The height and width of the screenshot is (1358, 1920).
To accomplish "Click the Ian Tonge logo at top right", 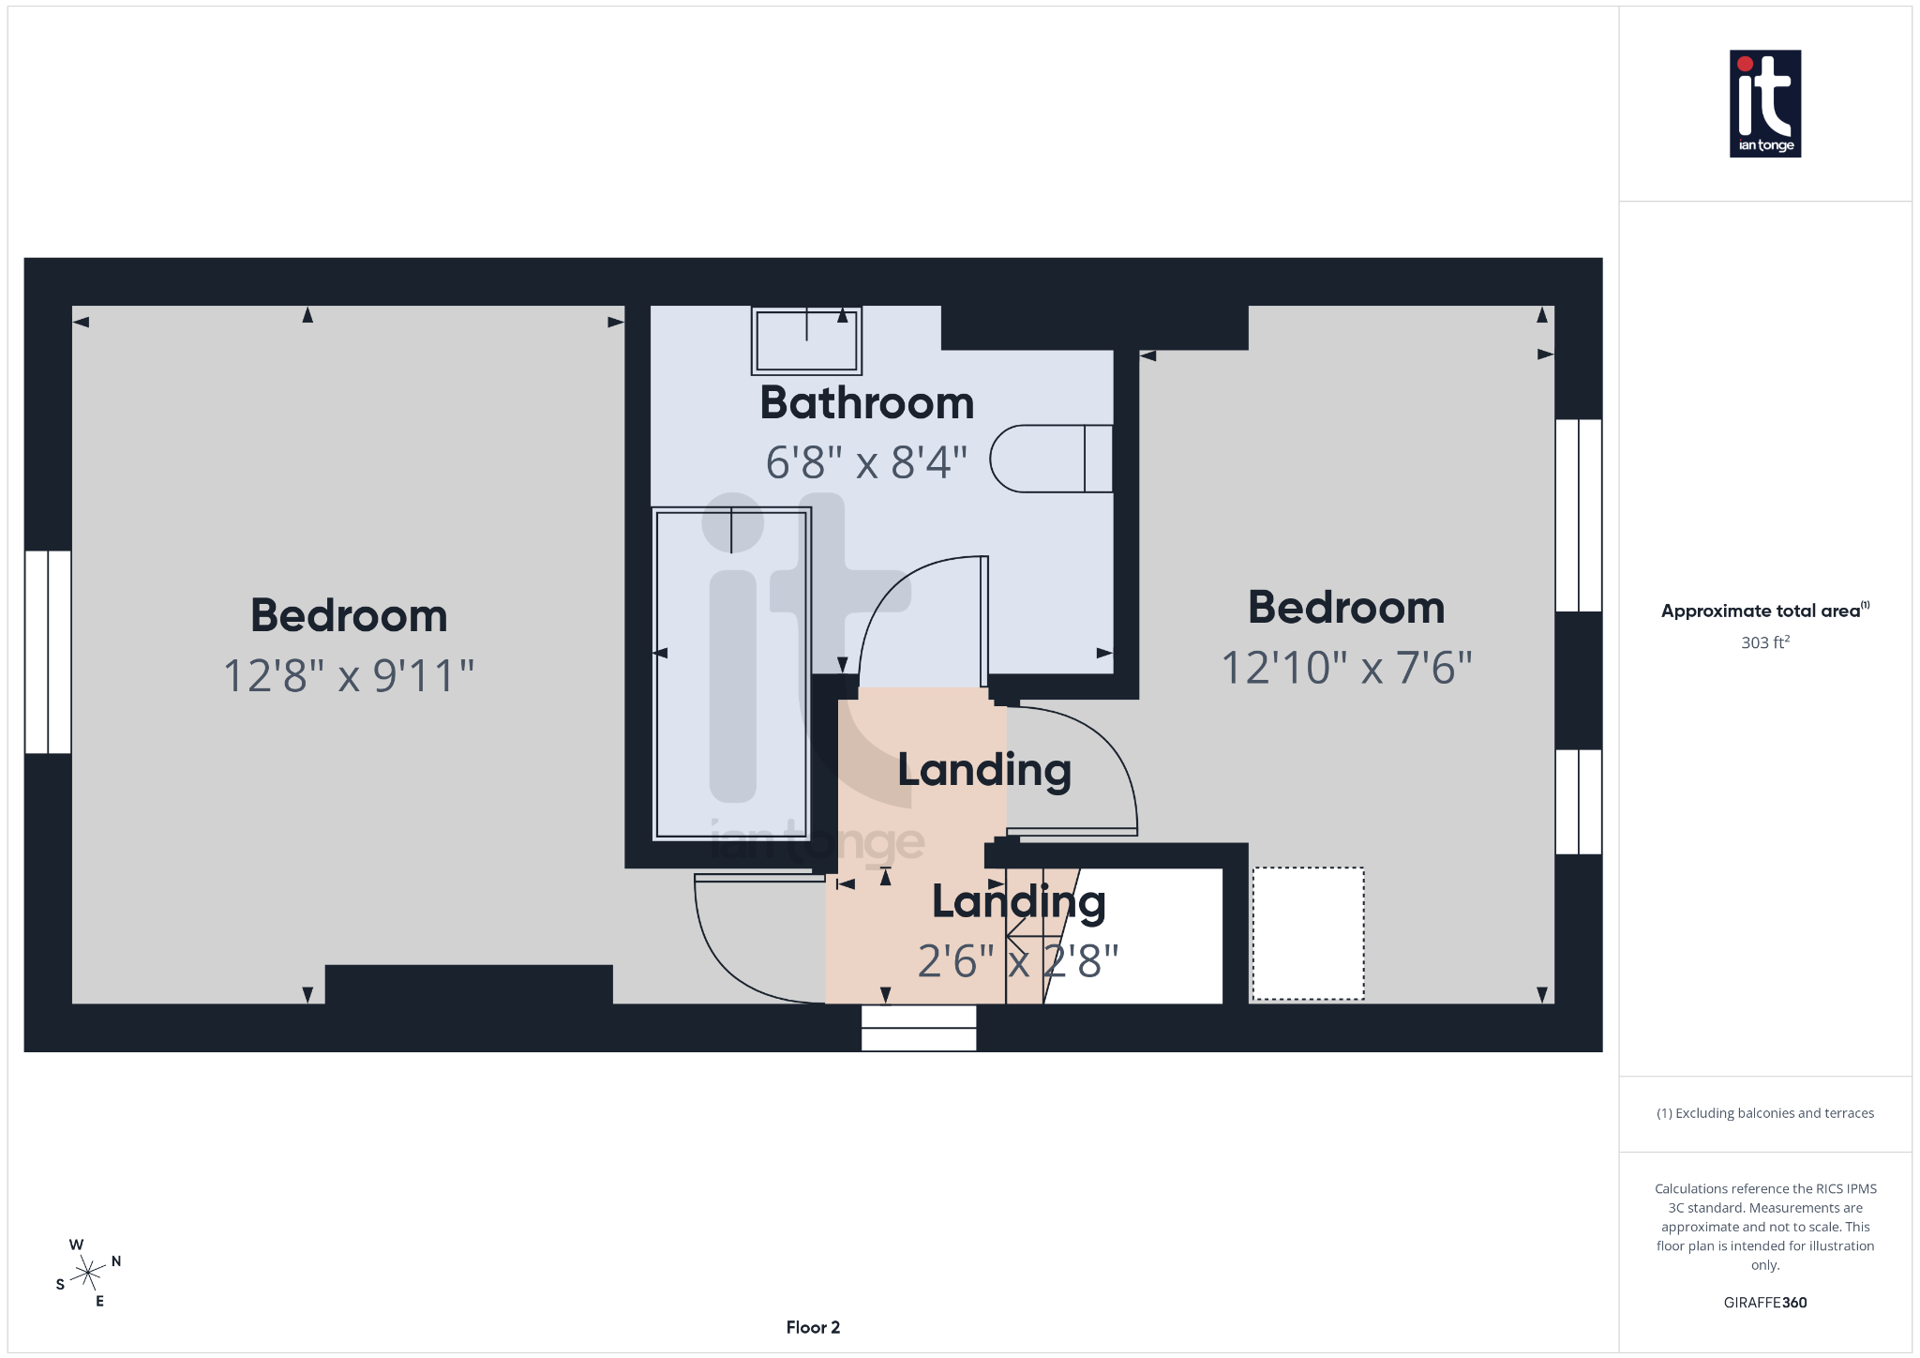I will pos(1764,103).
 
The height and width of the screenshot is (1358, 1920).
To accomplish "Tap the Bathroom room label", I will pos(866,403).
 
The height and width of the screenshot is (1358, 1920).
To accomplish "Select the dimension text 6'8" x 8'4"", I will pos(866,462).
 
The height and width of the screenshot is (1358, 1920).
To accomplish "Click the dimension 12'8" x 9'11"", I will pos(349,675).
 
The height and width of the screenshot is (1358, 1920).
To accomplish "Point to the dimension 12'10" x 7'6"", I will pos(1346,668).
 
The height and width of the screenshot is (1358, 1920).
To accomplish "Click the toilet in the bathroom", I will pos(1050,459).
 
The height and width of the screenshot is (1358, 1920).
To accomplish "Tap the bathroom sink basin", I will pos(806,340).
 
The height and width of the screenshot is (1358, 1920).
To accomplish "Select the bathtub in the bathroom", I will pos(731,672).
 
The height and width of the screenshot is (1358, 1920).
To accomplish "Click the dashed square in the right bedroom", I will pos(1308,933).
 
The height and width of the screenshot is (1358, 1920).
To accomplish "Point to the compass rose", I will pos(88,1273).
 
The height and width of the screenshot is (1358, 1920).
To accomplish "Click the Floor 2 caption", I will pos(813,1327).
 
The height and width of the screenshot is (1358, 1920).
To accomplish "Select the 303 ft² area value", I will pos(1764,642).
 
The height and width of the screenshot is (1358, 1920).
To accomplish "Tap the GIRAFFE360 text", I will pos(1764,1303).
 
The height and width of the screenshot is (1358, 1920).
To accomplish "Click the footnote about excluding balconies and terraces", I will pos(1764,1113).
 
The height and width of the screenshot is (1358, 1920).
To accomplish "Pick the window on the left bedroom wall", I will pos(48,652).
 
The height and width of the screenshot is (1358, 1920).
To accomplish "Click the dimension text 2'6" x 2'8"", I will pos(1018,961).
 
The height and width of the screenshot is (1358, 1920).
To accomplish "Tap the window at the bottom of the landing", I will pos(919,1028).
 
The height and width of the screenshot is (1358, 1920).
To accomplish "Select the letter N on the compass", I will pos(116,1261).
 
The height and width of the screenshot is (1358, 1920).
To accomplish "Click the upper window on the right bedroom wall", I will pos(1579,515).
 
